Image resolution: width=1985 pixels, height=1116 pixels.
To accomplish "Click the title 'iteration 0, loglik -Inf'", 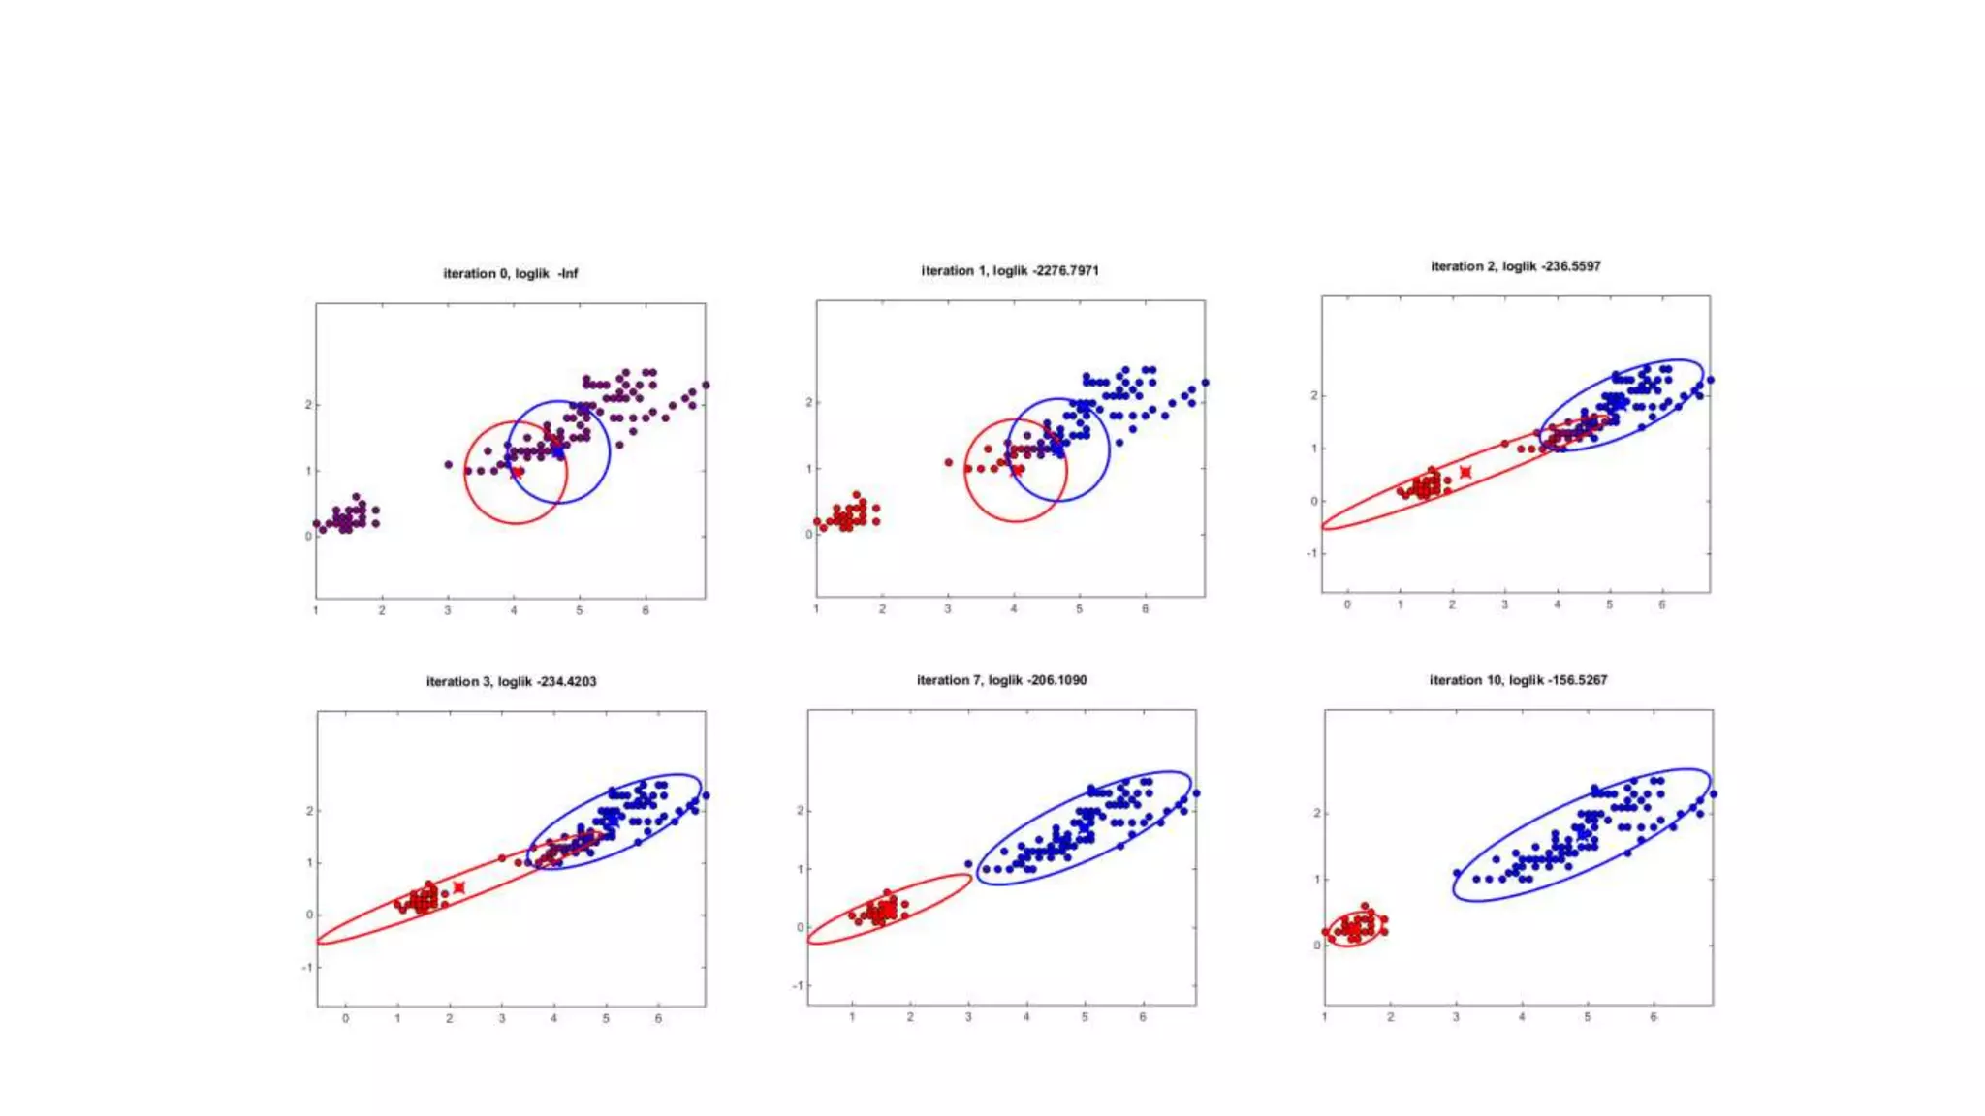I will (510, 274).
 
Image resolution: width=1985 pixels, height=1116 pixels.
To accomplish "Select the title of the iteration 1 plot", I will (1010, 271).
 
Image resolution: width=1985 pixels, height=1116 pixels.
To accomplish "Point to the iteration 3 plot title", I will (511, 682).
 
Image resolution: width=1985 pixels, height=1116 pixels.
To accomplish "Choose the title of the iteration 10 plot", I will (1518, 680).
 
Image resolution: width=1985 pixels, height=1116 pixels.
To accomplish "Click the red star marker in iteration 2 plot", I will (1465, 473).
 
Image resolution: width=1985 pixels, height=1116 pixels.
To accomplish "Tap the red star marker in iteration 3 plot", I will (459, 887).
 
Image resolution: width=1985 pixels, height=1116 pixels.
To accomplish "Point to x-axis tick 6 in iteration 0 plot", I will (646, 611).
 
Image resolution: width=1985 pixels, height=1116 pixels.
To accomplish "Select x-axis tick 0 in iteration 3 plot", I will (345, 1019).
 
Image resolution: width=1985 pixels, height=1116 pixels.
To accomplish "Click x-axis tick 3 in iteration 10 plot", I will (1456, 1018).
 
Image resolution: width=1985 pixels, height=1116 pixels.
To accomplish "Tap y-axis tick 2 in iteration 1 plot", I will (808, 403).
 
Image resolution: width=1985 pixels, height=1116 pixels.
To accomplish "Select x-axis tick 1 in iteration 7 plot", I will (852, 1018).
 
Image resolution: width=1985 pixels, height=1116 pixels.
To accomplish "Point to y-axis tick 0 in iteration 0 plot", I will (308, 537).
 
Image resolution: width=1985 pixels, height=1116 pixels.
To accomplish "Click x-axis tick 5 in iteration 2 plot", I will (1610, 605).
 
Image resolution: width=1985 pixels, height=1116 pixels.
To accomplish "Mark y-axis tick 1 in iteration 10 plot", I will (1317, 880).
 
